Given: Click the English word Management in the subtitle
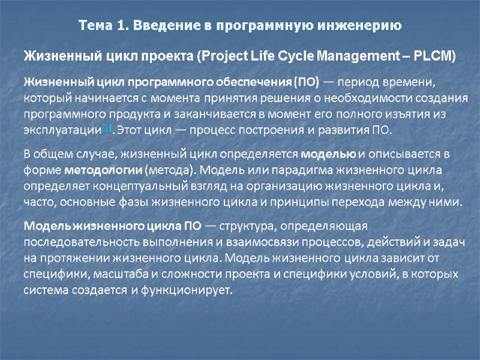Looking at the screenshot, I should click(x=355, y=57).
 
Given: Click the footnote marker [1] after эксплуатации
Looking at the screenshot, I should click(x=107, y=127).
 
